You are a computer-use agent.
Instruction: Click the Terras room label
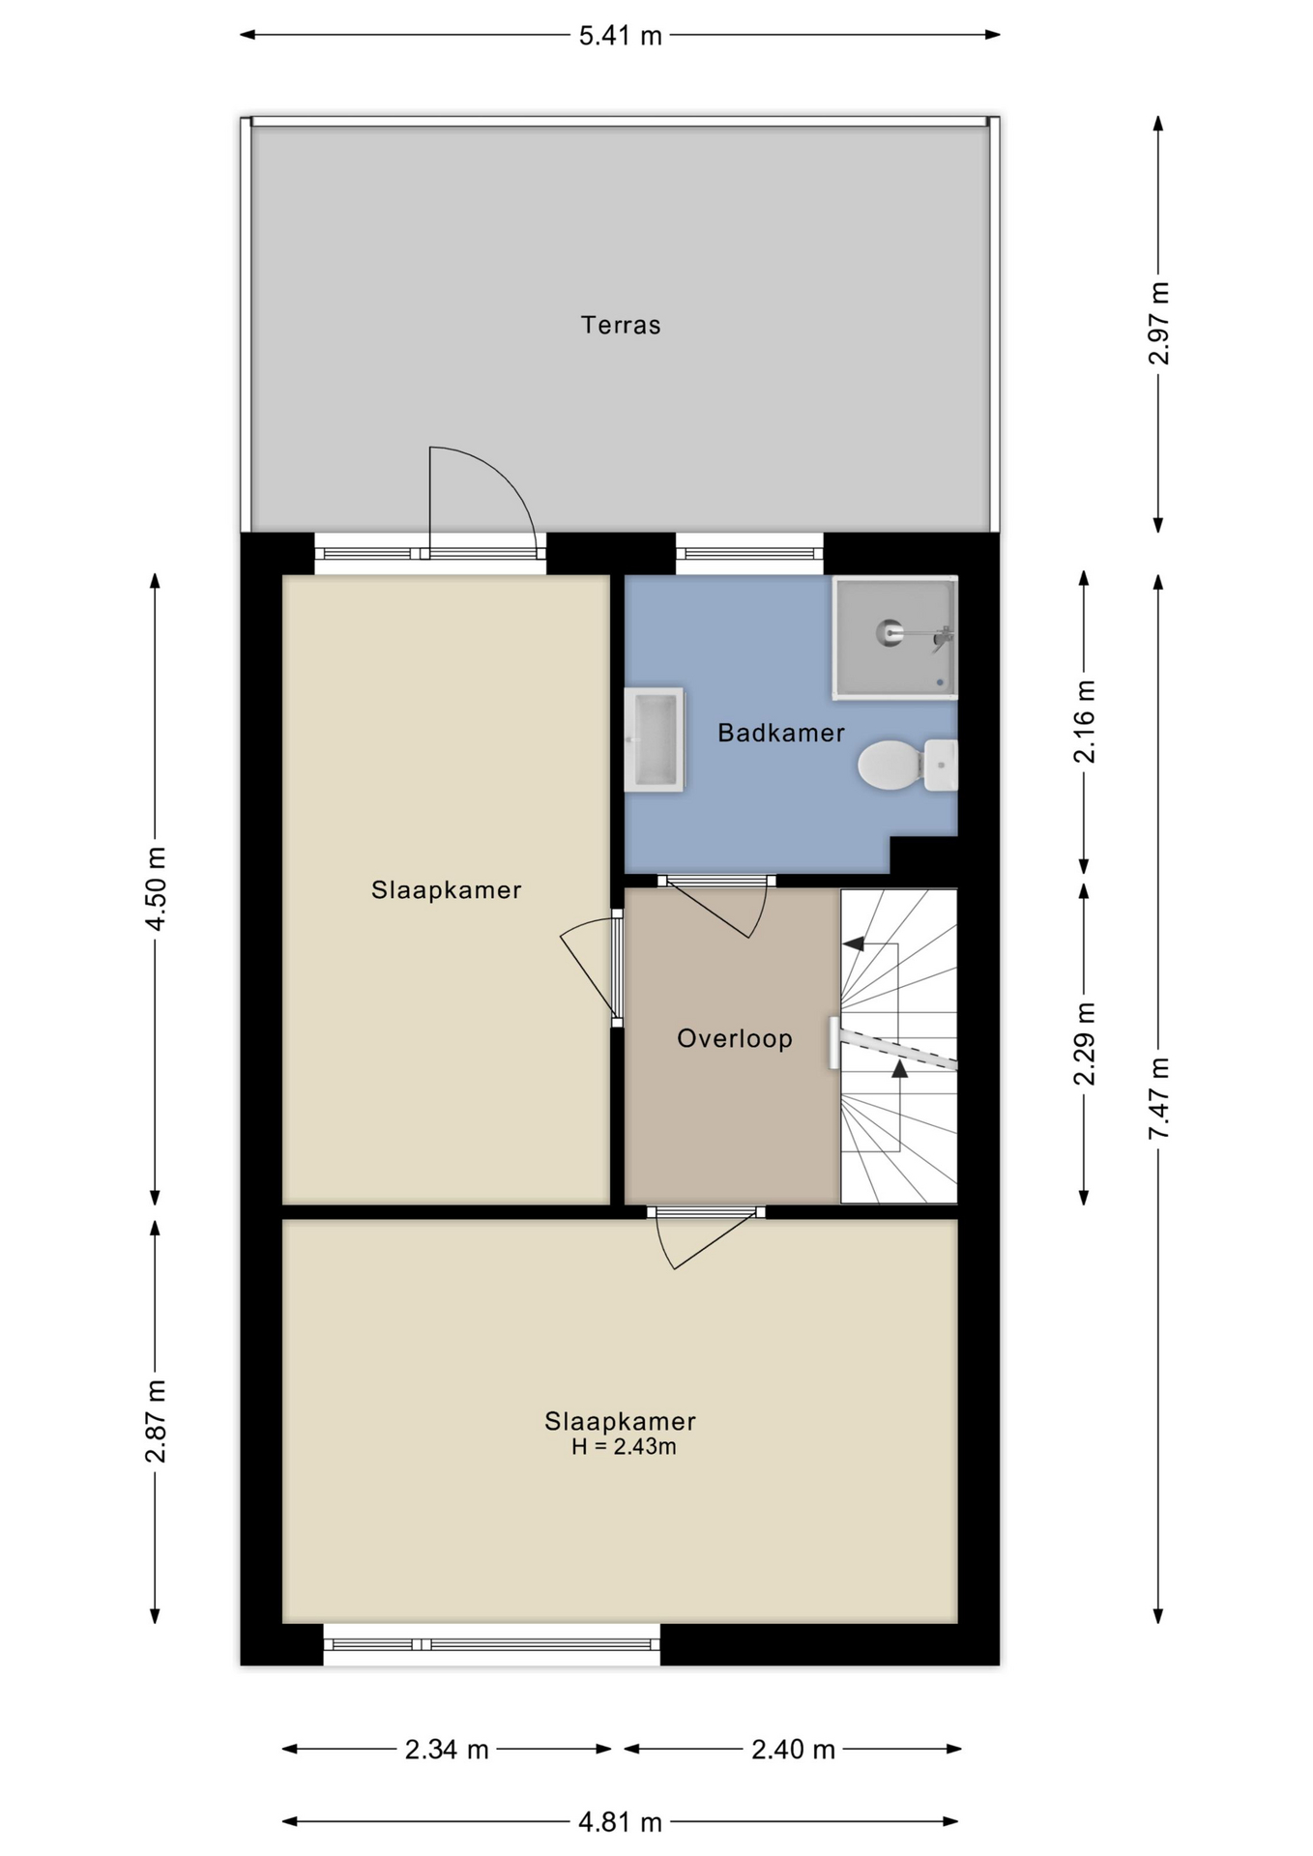click(x=620, y=325)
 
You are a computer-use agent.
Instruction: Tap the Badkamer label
click(x=781, y=733)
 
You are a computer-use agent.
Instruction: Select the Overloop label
click(x=735, y=1038)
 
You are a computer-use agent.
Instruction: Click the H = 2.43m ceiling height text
click(x=624, y=1446)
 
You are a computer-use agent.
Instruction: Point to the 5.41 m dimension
click(x=620, y=36)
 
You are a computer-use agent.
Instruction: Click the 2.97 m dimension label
click(x=1158, y=323)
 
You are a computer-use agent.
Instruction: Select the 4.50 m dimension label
click(x=156, y=887)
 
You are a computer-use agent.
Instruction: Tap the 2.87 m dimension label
click(x=156, y=1421)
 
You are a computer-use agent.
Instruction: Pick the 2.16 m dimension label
click(x=1085, y=721)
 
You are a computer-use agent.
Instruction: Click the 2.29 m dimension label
click(x=1085, y=1043)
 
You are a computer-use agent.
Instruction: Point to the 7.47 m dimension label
click(x=1158, y=1098)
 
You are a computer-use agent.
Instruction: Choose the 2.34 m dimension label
click(x=447, y=1749)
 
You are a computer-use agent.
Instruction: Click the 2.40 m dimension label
click(x=793, y=1749)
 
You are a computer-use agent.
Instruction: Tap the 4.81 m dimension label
click(x=620, y=1822)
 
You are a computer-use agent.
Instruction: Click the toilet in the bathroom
click(x=907, y=765)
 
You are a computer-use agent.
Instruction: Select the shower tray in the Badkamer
click(x=895, y=637)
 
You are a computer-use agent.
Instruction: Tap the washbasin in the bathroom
click(x=654, y=739)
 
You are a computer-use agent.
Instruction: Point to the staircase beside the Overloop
click(x=898, y=1046)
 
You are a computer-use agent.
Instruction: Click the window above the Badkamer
click(x=749, y=554)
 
